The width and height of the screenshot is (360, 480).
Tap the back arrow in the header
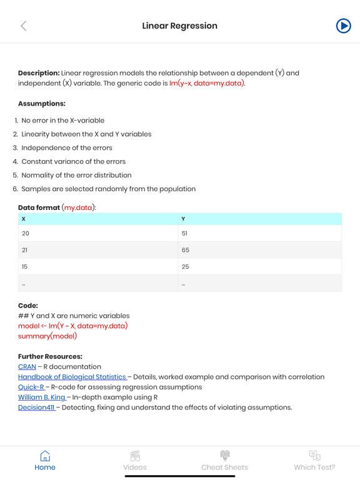[24, 26]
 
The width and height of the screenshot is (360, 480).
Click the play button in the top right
[343, 26]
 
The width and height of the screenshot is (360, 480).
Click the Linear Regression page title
[180, 26]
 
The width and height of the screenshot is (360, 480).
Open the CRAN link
[27, 367]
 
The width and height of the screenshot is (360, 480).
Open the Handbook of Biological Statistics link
[72, 377]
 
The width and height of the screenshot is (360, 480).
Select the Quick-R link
[31, 387]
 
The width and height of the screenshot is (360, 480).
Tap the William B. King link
[42, 397]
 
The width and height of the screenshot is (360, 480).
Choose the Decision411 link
[36, 407]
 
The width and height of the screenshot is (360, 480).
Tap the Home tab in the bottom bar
[45, 461]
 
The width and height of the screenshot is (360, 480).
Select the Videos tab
[135, 461]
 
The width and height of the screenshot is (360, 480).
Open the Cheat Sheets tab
[224, 461]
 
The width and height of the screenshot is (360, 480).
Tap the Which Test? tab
[314, 461]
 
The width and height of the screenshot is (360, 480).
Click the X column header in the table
[24, 219]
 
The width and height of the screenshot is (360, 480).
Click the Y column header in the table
[183, 219]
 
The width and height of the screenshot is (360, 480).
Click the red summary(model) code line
[47, 336]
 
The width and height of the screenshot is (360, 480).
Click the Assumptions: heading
[42, 104]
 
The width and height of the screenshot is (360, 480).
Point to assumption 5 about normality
[76, 175]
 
